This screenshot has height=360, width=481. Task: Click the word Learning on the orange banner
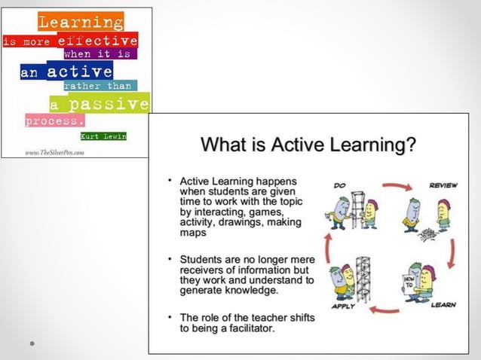(x=81, y=22)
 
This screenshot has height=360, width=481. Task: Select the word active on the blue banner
(x=79, y=72)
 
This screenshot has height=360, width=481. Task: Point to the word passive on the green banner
(x=110, y=104)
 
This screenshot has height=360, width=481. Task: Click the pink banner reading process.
(x=55, y=121)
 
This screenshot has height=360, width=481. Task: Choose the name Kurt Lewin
(x=103, y=136)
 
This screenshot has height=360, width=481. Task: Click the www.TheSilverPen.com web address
(x=54, y=152)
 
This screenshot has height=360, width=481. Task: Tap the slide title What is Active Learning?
(x=308, y=144)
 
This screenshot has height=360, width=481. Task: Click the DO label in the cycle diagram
(x=339, y=184)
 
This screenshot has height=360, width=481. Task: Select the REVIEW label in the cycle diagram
(x=443, y=185)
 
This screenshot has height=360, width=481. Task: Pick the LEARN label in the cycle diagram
(x=443, y=305)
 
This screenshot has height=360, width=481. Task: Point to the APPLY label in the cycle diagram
(x=342, y=306)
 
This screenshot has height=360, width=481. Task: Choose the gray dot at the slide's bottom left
(x=32, y=343)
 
